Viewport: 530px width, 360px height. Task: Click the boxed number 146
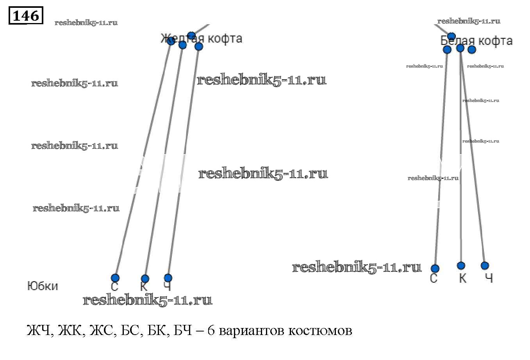point(26,16)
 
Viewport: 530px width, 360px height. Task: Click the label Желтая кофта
point(201,38)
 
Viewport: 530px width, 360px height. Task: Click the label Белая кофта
point(476,41)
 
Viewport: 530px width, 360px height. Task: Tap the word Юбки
point(43,286)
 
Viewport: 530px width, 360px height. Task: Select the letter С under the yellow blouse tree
point(114,287)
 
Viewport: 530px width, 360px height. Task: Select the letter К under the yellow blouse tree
point(144,287)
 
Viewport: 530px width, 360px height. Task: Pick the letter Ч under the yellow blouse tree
point(168,287)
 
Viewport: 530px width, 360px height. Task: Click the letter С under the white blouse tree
point(434,278)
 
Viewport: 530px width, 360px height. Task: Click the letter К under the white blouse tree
point(462,278)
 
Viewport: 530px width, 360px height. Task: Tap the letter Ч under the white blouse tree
point(489,278)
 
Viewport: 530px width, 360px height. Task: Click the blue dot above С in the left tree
point(115,278)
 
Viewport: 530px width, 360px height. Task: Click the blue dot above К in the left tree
point(145,279)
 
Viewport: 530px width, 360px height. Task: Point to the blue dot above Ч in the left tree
point(168,278)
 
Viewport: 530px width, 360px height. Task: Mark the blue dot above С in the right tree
point(435,269)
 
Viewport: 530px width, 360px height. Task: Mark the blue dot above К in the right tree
point(461,266)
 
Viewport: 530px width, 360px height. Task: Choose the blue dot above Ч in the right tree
point(485,266)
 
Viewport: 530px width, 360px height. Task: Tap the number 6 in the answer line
point(211,331)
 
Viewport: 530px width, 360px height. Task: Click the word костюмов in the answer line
point(320,331)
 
